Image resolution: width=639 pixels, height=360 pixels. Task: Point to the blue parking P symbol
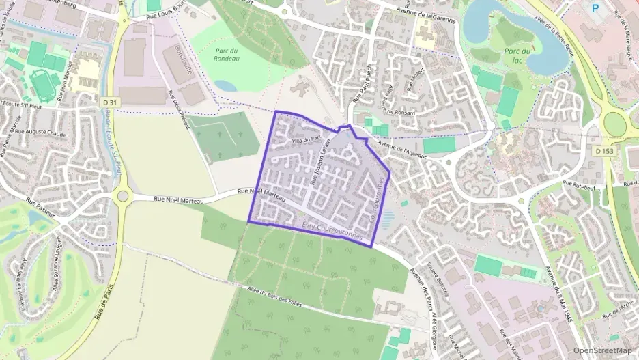(595, 8)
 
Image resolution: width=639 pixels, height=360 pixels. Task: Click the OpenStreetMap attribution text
(602, 350)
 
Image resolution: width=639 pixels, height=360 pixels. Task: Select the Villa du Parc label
(306, 139)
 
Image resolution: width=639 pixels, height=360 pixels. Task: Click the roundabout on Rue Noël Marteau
(123, 197)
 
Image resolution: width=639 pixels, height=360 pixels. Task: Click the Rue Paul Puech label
(359, 87)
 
